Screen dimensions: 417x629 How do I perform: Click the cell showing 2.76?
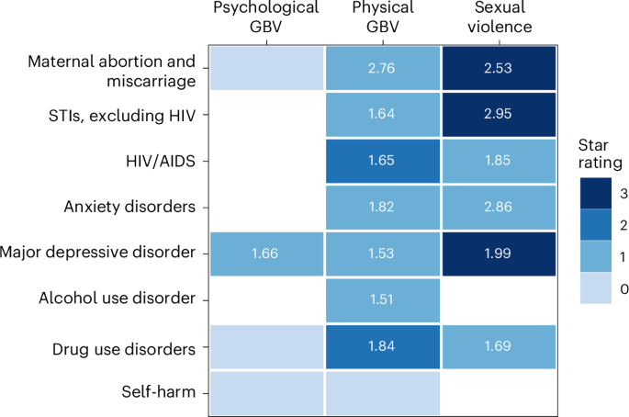pos(382,69)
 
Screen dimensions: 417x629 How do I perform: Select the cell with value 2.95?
pos(499,115)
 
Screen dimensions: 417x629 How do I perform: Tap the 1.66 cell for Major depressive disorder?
pos(265,253)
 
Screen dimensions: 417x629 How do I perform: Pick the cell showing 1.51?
pos(382,299)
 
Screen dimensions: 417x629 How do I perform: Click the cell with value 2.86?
pos(499,207)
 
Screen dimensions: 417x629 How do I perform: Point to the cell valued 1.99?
pos(499,253)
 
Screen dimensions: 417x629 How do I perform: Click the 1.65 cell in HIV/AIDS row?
pos(382,161)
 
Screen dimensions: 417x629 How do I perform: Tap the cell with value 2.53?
pos(499,69)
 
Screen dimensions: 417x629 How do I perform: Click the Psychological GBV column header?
pos(265,17)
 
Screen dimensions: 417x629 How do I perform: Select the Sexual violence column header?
pos(499,17)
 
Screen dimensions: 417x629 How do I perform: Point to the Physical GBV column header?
pos(382,17)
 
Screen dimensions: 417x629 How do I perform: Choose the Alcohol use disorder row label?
pos(118,299)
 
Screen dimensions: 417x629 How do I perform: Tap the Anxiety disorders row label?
pos(130,207)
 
